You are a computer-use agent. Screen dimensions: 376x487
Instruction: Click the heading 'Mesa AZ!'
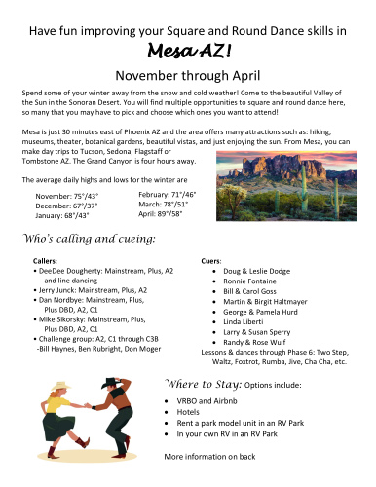click(x=188, y=51)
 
